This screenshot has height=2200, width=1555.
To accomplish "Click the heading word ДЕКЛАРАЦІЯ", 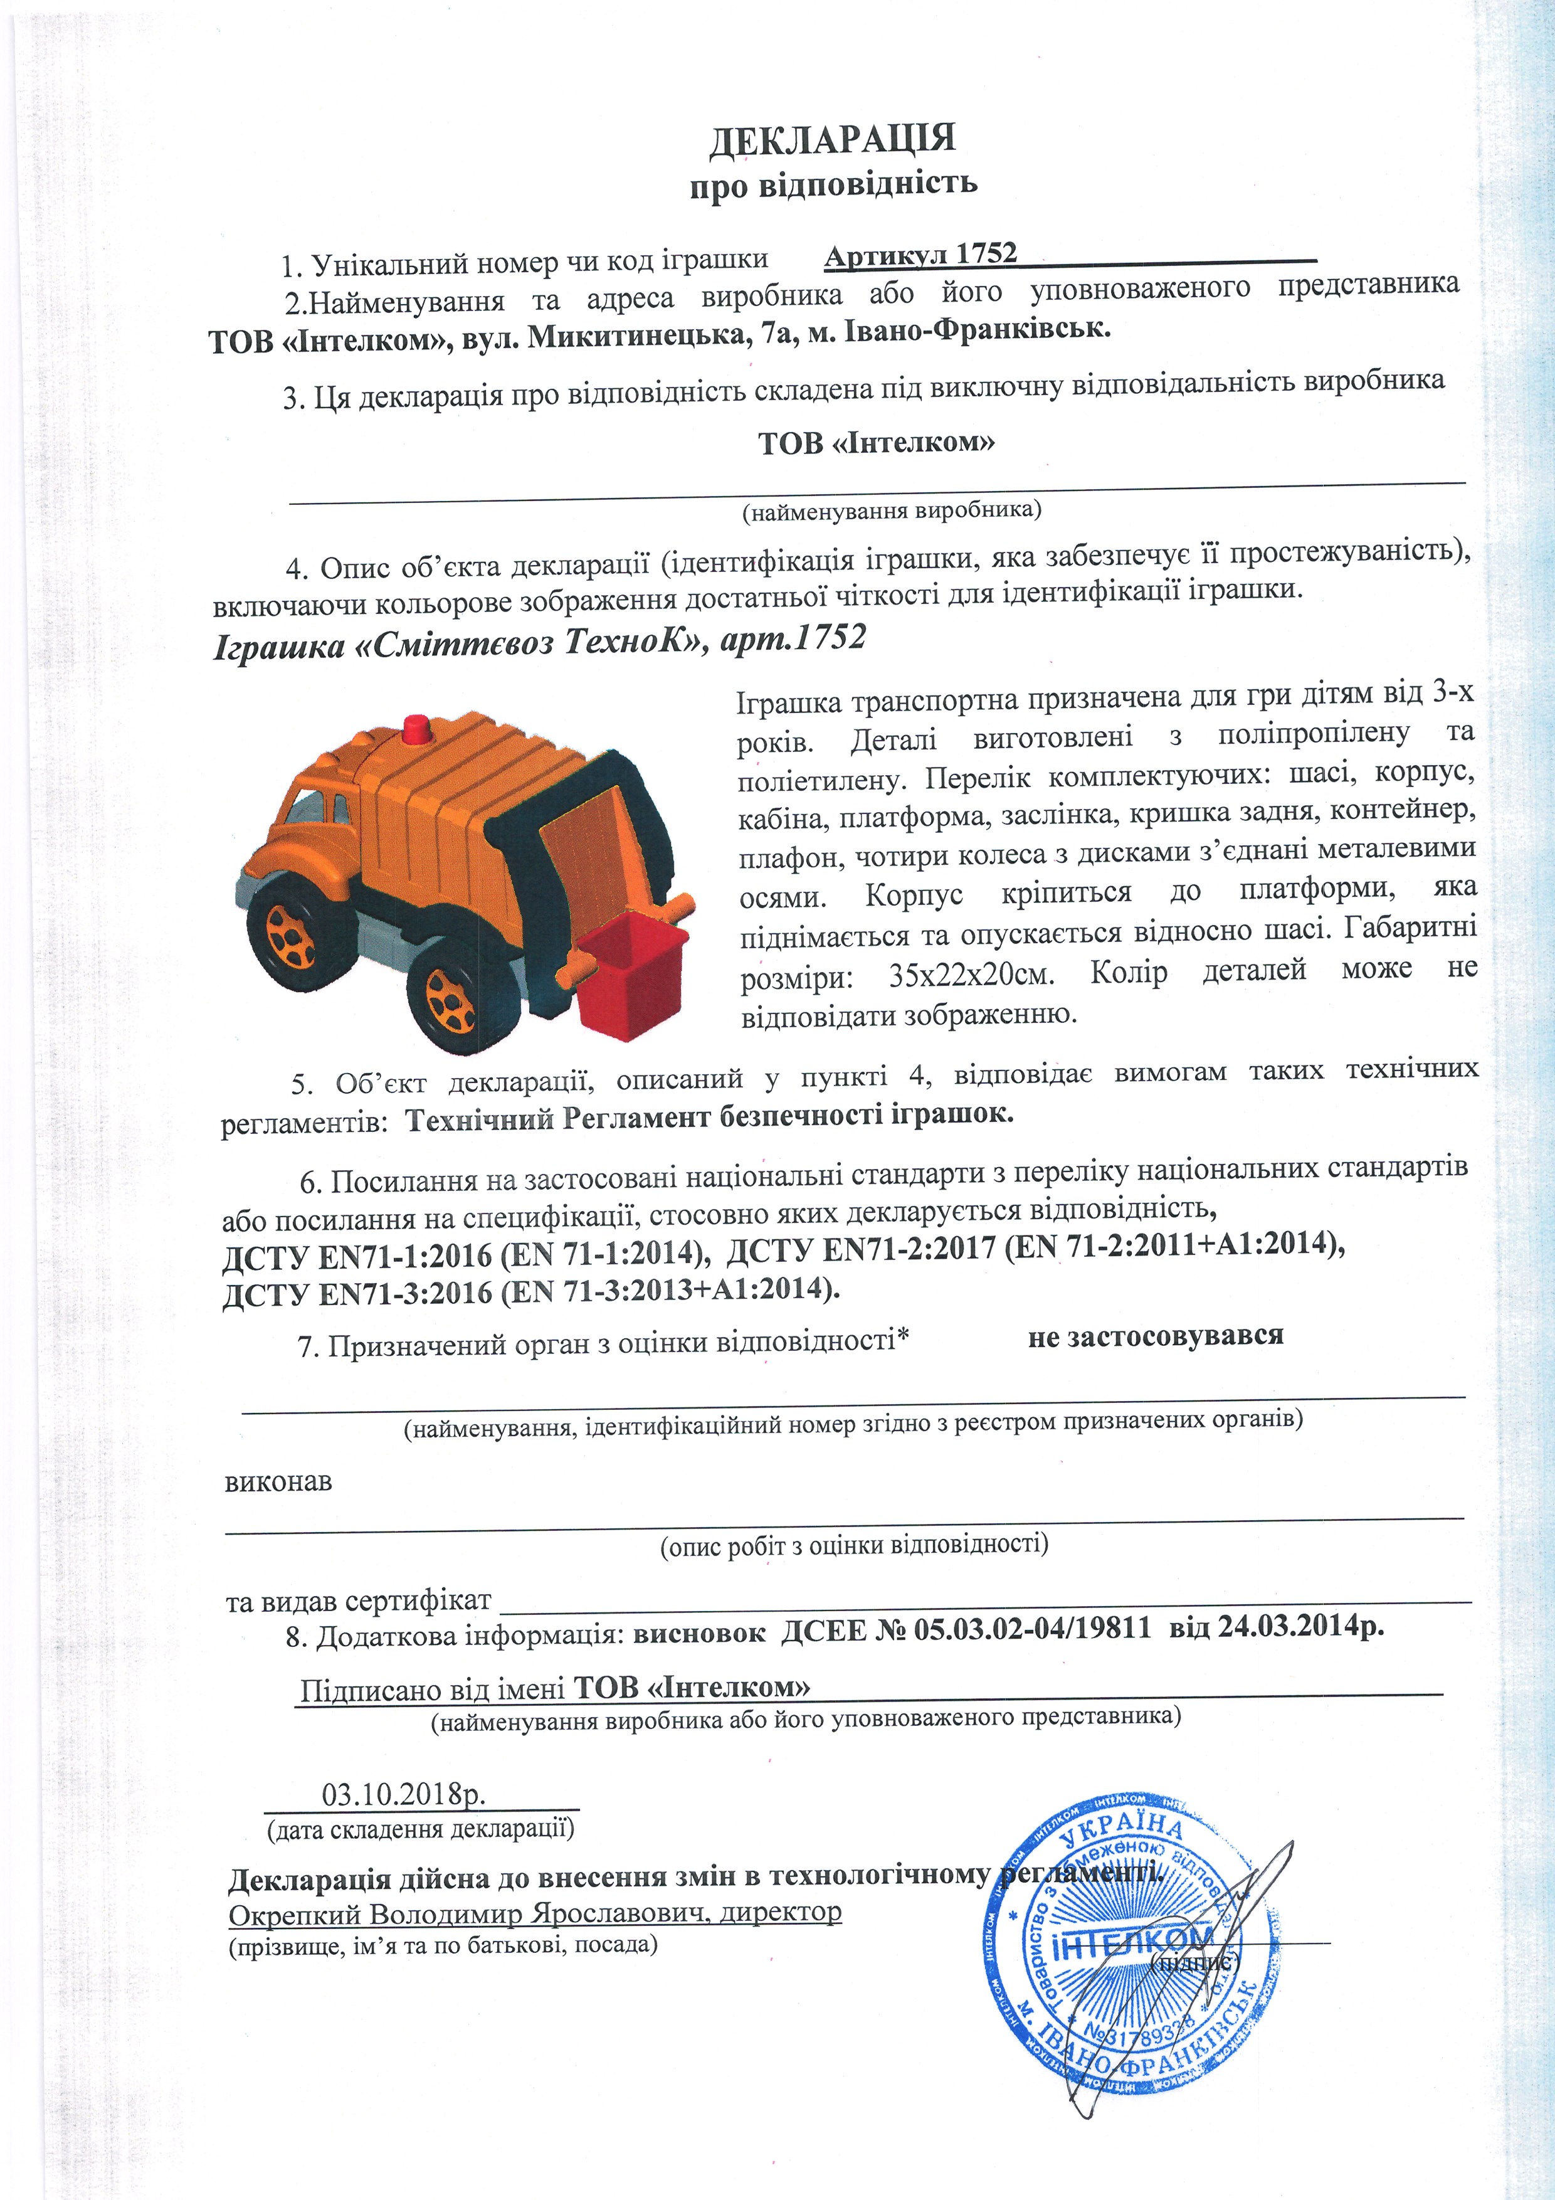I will pyautogui.click(x=831, y=139).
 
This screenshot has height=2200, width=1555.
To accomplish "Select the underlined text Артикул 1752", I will pyautogui.click(x=920, y=255).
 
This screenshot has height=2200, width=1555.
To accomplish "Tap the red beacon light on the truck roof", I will pyautogui.click(x=417, y=728).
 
